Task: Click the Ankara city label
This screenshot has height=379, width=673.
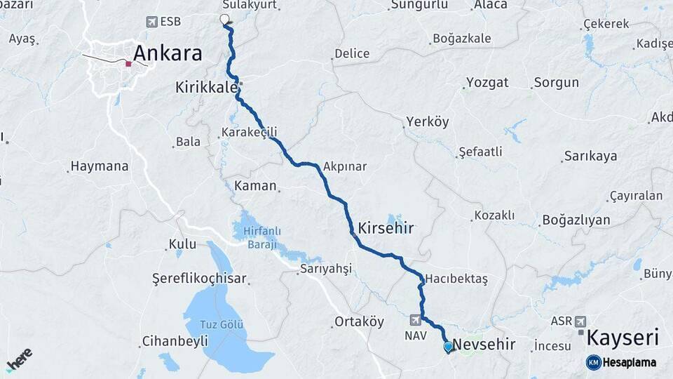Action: [167, 53]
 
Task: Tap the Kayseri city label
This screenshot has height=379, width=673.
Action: [623, 338]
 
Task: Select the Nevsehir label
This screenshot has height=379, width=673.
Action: [484, 345]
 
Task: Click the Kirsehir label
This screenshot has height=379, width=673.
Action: [386, 228]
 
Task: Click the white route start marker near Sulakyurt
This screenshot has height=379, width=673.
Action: [224, 19]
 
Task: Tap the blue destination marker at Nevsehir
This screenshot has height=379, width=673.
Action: [449, 346]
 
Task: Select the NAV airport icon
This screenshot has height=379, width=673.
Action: [416, 320]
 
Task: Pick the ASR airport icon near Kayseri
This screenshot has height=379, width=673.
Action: [580, 321]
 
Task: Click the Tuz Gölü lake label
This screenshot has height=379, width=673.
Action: [222, 324]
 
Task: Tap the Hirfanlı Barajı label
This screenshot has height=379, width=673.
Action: [261, 238]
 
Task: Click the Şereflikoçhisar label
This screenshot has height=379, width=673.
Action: [200, 279]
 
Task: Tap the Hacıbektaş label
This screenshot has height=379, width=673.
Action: [456, 279]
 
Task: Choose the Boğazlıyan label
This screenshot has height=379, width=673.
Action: [576, 220]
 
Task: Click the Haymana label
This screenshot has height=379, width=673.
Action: [99, 167]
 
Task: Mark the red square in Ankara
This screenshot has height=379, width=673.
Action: [128, 64]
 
